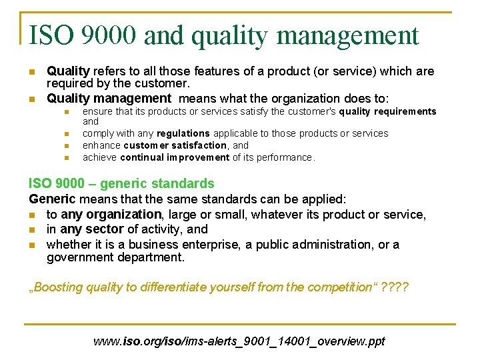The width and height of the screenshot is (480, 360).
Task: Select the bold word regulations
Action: tap(183, 133)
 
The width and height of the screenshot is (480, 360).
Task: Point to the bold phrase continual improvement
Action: tap(175, 157)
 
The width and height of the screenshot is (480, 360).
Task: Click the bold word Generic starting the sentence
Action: tap(52, 199)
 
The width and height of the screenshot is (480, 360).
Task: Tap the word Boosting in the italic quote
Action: tap(58, 288)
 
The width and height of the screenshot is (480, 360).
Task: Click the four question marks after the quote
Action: tap(396, 287)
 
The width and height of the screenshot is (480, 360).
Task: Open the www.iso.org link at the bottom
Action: tap(239, 341)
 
